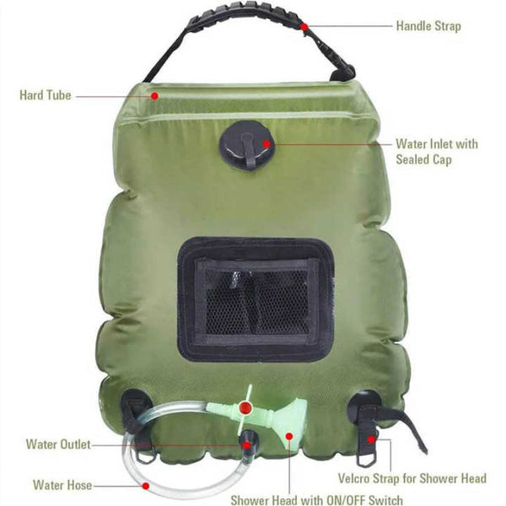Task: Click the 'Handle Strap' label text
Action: (x=428, y=26)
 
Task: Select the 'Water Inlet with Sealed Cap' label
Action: (x=436, y=151)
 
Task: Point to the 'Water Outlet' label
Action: (x=58, y=444)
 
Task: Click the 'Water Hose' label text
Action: (x=62, y=485)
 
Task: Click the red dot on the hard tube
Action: (x=156, y=95)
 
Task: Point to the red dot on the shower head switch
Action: (x=244, y=406)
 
